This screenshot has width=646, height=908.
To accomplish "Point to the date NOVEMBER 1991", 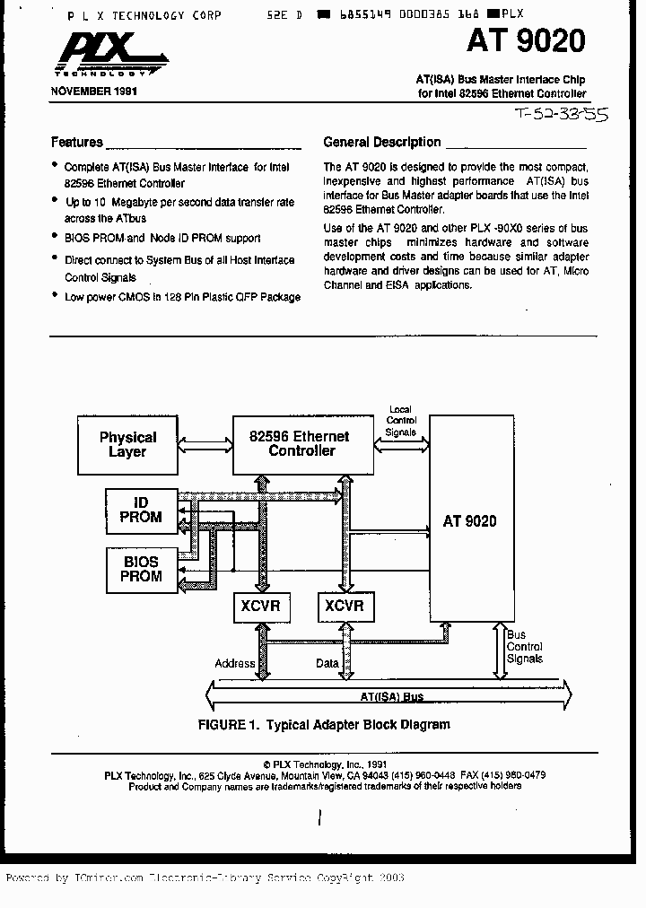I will pyautogui.click(x=94, y=92).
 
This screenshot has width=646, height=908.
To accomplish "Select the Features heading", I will pyautogui.click(x=77, y=142).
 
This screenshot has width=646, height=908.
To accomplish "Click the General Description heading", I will pyautogui.click(x=381, y=142).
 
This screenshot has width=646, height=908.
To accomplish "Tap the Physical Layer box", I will pyautogui.click(x=127, y=445).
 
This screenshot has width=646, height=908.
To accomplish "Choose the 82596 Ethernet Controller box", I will pyautogui.click(x=301, y=444).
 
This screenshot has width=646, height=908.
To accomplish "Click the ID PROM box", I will pyautogui.click(x=141, y=510).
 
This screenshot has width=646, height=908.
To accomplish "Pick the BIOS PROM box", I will pyautogui.click(x=141, y=569).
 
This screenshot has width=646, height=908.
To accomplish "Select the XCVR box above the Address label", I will pyautogui.click(x=260, y=607).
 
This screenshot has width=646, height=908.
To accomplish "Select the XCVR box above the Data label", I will pyautogui.click(x=345, y=607).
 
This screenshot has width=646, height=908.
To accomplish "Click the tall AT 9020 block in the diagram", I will pyautogui.click(x=469, y=520).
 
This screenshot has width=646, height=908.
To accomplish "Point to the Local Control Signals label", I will pyautogui.click(x=400, y=421).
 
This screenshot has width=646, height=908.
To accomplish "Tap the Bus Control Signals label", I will pyautogui.click(x=524, y=646).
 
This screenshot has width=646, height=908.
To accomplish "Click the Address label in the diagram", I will pyautogui.click(x=235, y=664).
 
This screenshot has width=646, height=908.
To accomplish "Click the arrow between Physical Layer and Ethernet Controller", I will pyautogui.click(x=205, y=443).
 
